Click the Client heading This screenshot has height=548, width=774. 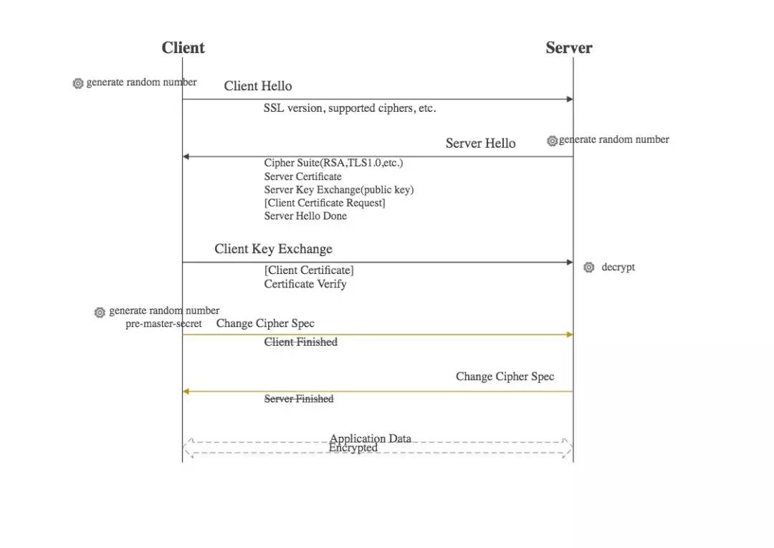[x=183, y=47]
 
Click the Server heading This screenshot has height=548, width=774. [x=568, y=47]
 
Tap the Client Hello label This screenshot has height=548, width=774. [x=258, y=86]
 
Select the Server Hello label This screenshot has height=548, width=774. [x=480, y=143]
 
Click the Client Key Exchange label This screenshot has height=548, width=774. [x=273, y=249]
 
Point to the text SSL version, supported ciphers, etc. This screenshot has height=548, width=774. [x=350, y=108]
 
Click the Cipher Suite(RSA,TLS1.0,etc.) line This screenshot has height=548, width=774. [x=333, y=163]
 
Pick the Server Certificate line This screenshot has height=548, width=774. [x=302, y=176]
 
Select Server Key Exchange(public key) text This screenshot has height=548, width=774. [x=338, y=190]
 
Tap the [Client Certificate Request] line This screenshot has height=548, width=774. [x=325, y=202]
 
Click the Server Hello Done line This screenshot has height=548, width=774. [x=305, y=216]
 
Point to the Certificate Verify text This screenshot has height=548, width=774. [x=305, y=284]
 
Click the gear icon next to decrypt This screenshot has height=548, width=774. [x=589, y=268]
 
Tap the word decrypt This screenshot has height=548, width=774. [x=618, y=268]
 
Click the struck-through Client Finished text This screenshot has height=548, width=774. [x=300, y=342]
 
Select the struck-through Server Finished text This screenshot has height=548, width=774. [x=299, y=399]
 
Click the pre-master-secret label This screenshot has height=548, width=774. [x=163, y=323]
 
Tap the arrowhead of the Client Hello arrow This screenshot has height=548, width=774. [x=570, y=99]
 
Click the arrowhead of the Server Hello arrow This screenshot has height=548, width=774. [x=186, y=156]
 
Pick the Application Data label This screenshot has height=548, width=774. [x=371, y=438]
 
